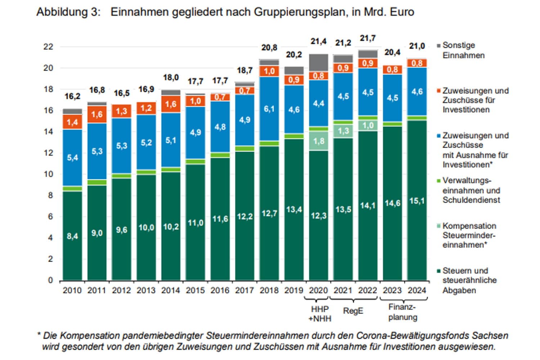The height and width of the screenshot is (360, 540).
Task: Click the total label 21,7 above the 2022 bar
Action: [368, 38]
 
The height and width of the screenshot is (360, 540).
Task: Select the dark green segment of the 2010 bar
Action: [72, 236]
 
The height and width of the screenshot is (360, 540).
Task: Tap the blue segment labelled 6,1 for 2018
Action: [269, 109]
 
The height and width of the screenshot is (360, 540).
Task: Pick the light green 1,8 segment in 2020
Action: [319, 141]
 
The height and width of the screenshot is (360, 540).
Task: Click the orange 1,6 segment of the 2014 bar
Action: [171, 104]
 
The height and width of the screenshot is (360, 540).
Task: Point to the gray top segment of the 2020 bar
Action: [319, 63]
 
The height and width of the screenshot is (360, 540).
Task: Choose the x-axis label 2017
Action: [244, 290]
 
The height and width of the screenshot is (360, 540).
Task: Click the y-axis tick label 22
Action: [48, 46]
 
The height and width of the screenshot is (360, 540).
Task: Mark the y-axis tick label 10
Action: [48, 174]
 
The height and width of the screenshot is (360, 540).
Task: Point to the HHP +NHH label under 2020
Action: [320, 314]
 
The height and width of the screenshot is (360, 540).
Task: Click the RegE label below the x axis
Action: [353, 311]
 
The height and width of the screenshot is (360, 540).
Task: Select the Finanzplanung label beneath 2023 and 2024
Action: [402, 312]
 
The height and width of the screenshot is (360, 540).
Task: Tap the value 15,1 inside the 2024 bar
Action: [417, 201]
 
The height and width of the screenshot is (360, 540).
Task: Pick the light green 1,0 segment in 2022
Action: [368, 125]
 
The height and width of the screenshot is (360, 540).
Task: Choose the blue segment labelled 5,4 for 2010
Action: [72, 157]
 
